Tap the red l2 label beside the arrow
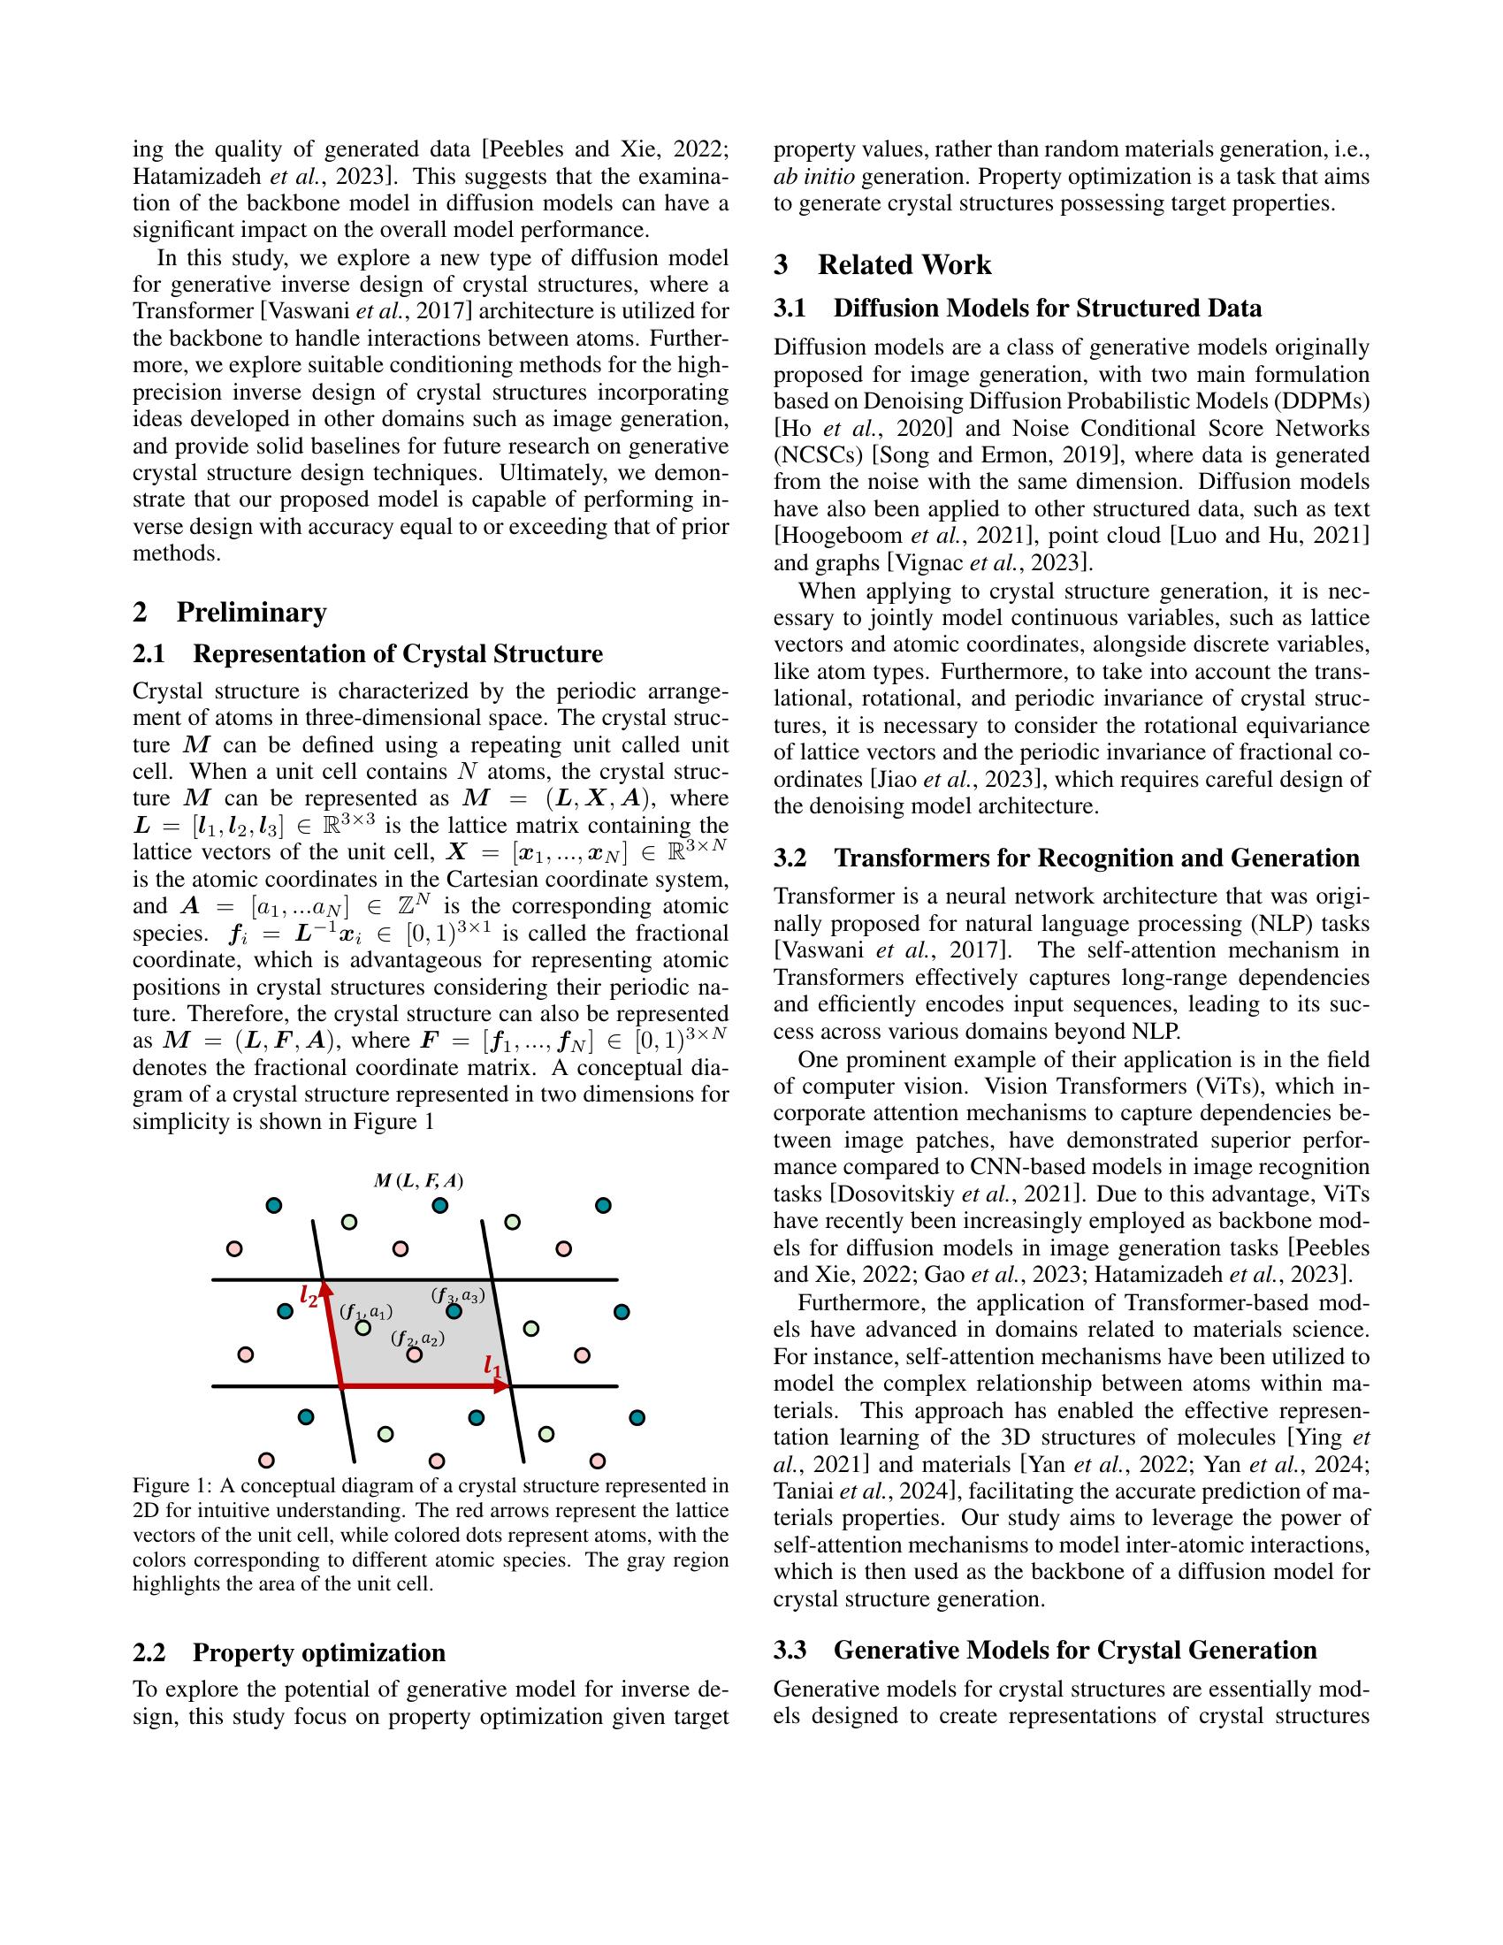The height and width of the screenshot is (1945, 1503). pyautogui.click(x=308, y=1296)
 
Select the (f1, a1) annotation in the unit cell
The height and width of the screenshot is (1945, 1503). pyautogui.click(x=365, y=1312)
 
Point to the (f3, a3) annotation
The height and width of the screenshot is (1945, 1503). pyautogui.click(x=458, y=1296)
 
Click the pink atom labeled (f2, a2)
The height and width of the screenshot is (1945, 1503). pyautogui.click(x=414, y=1354)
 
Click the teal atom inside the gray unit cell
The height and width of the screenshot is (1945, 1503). pyautogui.click(x=454, y=1311)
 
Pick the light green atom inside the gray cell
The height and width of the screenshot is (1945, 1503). pyautogui.click(x=362, y=1328)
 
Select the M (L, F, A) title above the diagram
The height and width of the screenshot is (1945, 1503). pyautogui.click(x=418, y=1182)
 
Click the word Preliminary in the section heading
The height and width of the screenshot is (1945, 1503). pyautogui.click(x=251, y=613)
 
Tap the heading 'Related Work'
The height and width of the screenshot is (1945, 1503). pyautogui.click(x=904, y=265)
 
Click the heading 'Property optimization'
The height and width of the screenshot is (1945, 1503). pyautogui.click(x=319, y=1653)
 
